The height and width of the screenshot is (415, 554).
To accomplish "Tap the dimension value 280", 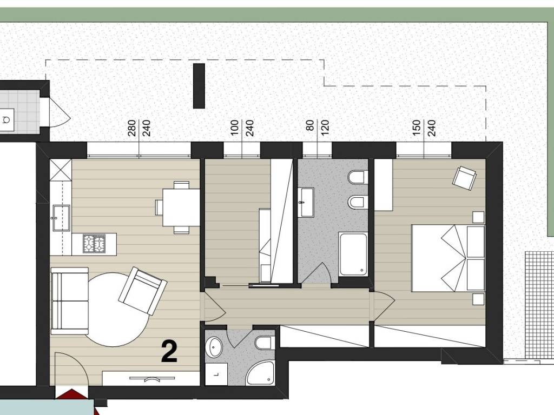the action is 131,128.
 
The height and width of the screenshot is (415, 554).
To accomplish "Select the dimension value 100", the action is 235,128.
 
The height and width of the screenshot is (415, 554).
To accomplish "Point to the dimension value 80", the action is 311,125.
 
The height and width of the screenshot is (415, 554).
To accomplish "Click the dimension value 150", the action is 417,128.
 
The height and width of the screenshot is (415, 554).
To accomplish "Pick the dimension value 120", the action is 325,128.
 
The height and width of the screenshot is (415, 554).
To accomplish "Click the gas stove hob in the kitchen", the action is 94,243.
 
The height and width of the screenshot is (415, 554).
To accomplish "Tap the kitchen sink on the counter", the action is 61,218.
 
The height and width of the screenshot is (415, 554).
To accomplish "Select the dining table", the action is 181,207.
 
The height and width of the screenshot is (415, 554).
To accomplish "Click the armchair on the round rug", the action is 143,290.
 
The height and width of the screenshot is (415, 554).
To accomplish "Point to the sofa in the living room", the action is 70,300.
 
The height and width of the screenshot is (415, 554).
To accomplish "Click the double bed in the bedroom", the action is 449,258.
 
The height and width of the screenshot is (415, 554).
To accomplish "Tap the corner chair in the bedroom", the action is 464,178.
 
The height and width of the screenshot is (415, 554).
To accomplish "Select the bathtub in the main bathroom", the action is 353,254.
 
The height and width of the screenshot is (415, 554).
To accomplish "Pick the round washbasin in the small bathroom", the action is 215,346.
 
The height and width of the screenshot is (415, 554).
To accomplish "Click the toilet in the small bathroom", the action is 264,342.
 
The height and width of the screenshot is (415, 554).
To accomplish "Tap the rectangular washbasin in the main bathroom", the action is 306,203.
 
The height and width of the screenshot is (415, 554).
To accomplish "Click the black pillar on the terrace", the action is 199,86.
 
